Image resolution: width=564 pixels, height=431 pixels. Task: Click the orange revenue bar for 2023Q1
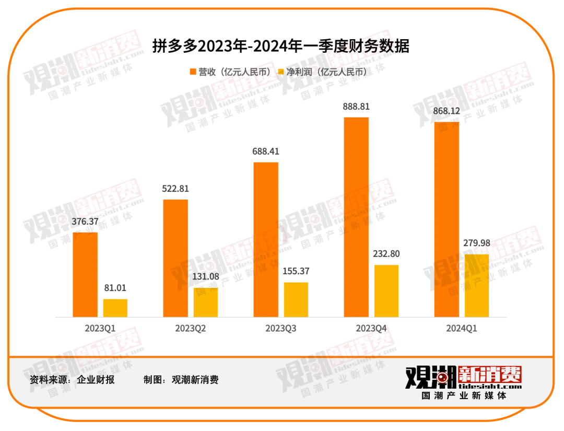pyautogui.click(x=85, y=274)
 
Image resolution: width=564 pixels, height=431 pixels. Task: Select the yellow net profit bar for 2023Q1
pyautogui.click(x=115, y=308)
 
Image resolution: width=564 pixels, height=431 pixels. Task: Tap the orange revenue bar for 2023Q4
pyautogui.click(x=356, y=217)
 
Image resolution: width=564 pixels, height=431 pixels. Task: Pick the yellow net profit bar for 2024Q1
pyautogui.click(x=477, y=285)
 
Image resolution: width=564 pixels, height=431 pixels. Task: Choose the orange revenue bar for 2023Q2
pyautogui.click(x=175, y=258)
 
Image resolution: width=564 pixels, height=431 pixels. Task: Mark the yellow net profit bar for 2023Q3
pyautogui.click(x=296, y=299)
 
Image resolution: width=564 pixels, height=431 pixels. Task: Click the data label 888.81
pyautogui.click(x=356, y=107)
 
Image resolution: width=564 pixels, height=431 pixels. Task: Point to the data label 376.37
pyautogui.click(x=85, y=222)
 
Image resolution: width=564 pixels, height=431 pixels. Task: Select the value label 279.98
pyautogui.click(x=477, y=243)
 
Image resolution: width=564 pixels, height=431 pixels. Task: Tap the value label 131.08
pyautogui.click(x=206, y=277)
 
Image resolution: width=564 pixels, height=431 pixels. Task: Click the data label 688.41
pyautogui.click(x=266, y=152)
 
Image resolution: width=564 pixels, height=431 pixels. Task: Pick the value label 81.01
pyautogui.click(x=115, y=288)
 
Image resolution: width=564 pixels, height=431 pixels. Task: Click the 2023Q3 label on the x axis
pyautogui.click(x=281, y=329)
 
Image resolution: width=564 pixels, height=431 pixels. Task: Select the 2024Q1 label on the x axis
pyautogui.click(x=462, y=329)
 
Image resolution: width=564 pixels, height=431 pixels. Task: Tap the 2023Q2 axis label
pyautogui.click(x=191, y=329)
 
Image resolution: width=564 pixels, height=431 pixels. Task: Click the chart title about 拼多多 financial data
pyautogui.click(x=281, y=46)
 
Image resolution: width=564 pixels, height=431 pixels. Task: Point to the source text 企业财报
pyautogui.click(x=96, y=379)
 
